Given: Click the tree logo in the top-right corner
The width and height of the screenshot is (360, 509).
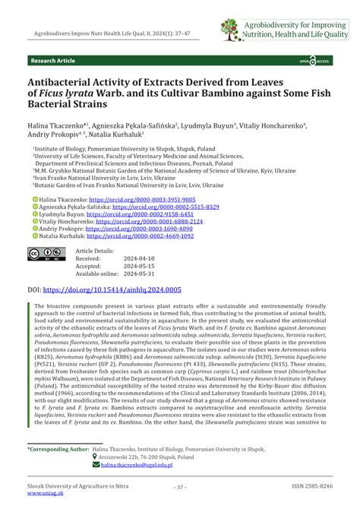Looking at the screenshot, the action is (229, 29).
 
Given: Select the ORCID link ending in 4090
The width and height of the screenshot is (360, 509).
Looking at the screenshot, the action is (144, 228).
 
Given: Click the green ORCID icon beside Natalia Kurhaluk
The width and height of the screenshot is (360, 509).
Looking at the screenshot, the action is (34, 236).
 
